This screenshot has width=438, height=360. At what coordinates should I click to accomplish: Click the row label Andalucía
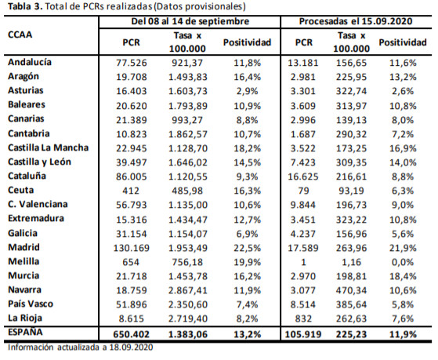(30, 62)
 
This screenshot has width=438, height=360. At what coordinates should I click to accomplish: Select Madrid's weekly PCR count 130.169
(132, 248)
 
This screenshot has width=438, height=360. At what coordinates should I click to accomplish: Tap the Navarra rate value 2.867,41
(188, 290)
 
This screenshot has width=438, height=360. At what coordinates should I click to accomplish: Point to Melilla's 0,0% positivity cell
(403, 263)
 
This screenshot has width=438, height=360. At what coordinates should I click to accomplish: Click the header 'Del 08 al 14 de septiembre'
(190, 21)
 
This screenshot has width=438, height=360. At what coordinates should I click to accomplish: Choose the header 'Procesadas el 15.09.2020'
(356, 21)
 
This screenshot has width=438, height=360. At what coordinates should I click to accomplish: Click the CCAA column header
(20, 35)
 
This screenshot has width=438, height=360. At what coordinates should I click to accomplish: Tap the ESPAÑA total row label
(25, 333)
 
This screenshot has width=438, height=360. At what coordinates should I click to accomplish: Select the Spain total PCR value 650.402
(132, 334)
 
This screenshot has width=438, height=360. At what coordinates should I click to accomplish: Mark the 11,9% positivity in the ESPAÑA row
(403, 334)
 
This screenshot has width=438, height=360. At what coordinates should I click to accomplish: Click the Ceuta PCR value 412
(131, 191)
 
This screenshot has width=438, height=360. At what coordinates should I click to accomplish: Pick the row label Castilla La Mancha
(49, 147)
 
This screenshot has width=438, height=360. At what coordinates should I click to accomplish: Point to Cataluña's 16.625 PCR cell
(303, 176)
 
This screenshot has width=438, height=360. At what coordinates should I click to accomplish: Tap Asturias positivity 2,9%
(248, 92)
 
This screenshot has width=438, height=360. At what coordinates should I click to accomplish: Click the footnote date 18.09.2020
(131, 347)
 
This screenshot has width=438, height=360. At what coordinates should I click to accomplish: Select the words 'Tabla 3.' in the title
(25, 6)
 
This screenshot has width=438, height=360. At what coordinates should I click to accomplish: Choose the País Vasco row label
(31, 304)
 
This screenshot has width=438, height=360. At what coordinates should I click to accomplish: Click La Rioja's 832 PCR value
(303, 318)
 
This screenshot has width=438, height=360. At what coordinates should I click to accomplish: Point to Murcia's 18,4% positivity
(403, 277)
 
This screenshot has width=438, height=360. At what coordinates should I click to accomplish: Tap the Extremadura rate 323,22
(351, 220)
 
